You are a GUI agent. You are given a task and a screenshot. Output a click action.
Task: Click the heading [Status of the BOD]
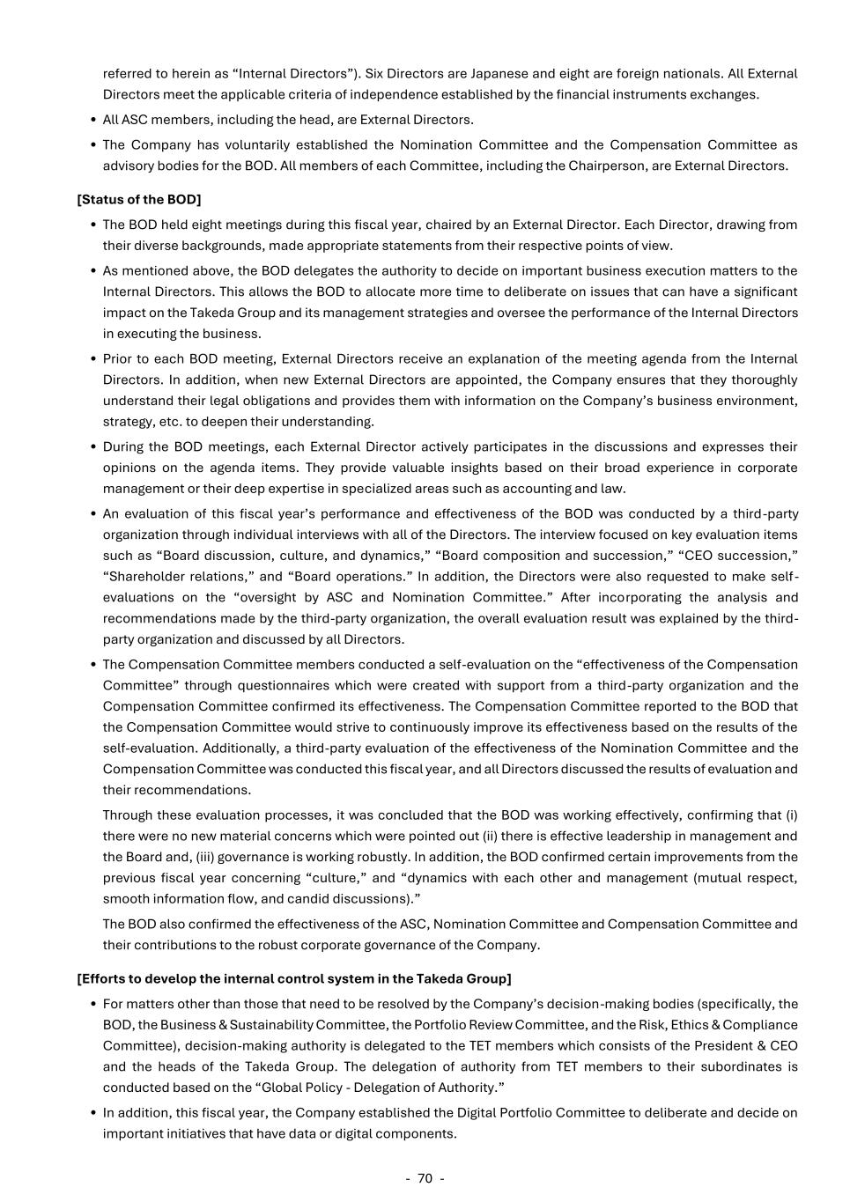click(x=139, y=200)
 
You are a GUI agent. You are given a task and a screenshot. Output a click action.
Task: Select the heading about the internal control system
click(x=293, y=978)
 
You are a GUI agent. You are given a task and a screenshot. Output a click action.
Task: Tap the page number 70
click(x=425, y=1178)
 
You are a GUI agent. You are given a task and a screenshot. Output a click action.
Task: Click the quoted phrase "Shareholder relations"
click(x=179, y=577)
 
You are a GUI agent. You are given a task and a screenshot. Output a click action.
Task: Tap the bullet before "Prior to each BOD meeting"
click(x=93, y=359)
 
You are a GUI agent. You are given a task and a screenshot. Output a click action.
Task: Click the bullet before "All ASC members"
click(x=93, y=120)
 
